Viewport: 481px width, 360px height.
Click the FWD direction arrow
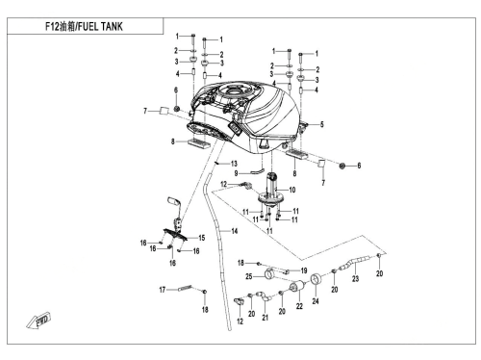[38, 321]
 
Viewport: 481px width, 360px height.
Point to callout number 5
[321, 124]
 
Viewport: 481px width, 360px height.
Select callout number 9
[236, 173]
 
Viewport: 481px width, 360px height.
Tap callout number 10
[292, 190]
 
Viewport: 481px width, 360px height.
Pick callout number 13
[234, 164]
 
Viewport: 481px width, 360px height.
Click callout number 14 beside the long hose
[235, 231]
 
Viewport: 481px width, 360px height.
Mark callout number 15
[201, 238]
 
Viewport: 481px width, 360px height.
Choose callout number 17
[163, 290]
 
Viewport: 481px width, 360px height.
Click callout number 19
[304, 270]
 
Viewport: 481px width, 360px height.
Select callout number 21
[265, 318]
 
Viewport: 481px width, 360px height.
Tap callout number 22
[299, 306]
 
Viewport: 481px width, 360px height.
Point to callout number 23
[355, 279]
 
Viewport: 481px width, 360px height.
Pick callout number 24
[316, 301]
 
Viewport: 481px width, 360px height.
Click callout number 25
[249, 276]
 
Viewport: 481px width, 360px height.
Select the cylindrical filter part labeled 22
[297, 286]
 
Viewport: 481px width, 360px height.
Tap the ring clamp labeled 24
[316, 279]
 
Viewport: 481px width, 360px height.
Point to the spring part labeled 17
[185, 288]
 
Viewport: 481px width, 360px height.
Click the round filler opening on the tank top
[234, 90]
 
